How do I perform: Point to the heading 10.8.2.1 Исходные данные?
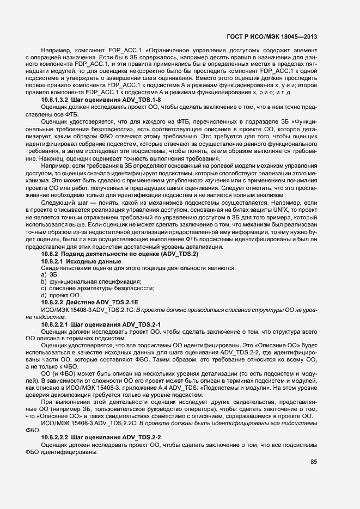click(75, 261)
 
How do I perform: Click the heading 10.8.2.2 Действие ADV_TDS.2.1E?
click(90, 302)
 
